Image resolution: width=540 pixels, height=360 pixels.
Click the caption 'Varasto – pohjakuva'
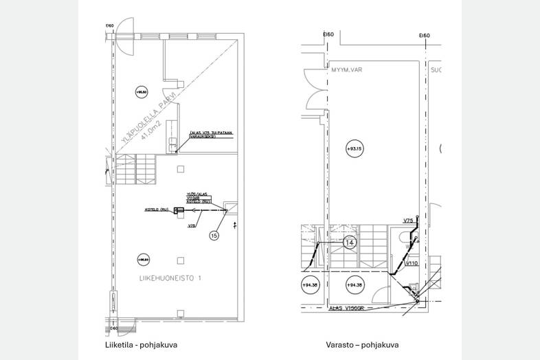(x=362, y=345)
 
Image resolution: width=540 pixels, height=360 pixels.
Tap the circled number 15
(x=214, y=235)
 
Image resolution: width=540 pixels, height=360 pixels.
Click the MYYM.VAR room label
(x=346, y=69)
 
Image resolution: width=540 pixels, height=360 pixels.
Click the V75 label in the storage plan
(x=408, y=221)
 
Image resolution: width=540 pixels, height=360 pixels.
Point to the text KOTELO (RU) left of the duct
(x=157, y=210)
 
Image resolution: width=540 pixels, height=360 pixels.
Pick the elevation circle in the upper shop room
(x=142, y=92)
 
